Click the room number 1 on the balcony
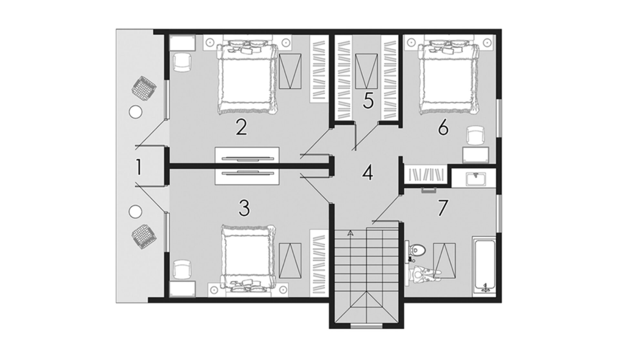pos(139,168)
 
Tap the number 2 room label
pos(242,127)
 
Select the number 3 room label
pos(244,208)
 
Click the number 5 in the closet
pos(368,100)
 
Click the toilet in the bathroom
pos(416,249)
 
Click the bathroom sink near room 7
pos(476,179)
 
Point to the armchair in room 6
pos(476,135)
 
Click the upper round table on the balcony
pos(135,112)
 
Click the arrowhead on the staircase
pos(350,232)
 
